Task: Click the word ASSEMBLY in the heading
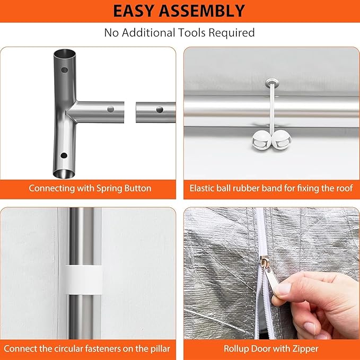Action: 202,11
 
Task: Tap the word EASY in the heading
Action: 134,11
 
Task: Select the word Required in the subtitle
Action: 231,33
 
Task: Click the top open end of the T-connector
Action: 65,54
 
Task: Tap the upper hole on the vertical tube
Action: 65,70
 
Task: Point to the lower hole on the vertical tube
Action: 64,155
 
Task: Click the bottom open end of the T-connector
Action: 64,173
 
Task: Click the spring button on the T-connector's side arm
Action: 111,109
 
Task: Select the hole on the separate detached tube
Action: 160,110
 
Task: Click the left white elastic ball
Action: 261,140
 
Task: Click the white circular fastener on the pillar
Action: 83,279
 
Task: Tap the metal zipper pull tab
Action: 271,278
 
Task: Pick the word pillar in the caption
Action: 160,349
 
